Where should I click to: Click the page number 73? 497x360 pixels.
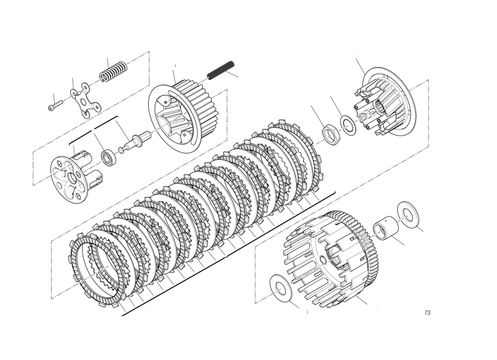point(427,313)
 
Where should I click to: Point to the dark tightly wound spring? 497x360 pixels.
point(221,70)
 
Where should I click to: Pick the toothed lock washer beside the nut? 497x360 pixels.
point(349,125)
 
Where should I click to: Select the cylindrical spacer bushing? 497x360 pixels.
point(386,226)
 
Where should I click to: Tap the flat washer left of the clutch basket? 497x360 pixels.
point(281,288)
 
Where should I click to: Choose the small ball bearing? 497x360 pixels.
point(108,156)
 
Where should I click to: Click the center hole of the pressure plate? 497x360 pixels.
point(72,178)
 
